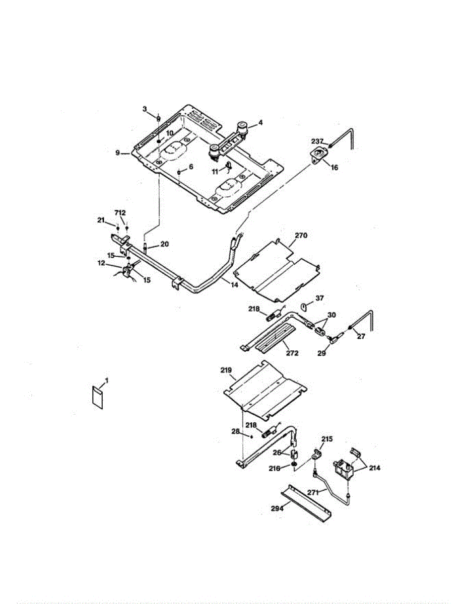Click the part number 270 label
point(301,235)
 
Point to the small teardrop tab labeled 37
point(304,306)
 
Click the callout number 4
point(260,122)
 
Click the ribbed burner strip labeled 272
point(275,338)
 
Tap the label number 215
point(327,439)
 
